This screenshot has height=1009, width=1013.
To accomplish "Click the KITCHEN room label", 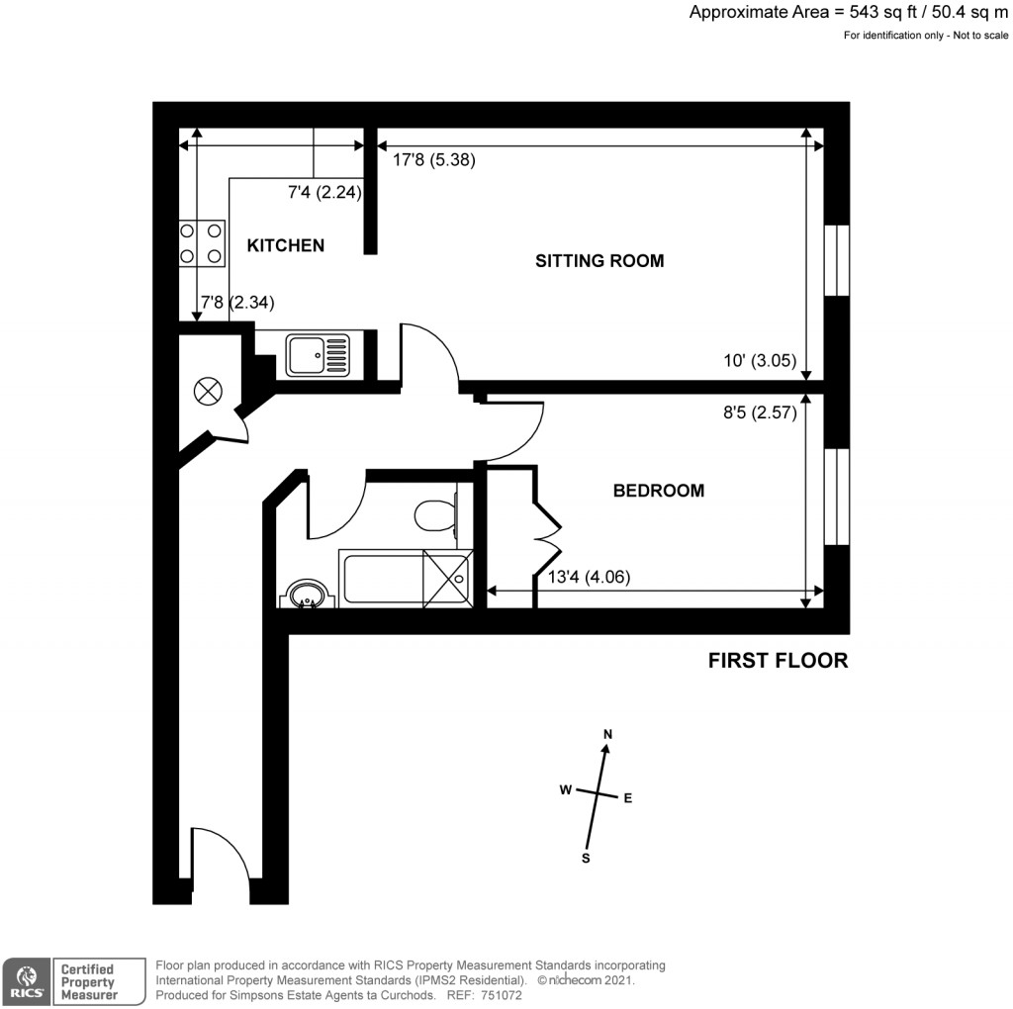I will tap(285, 245).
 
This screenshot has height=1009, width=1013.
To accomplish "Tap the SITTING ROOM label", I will tap(599, 261).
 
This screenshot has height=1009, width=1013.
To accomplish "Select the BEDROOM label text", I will tap(659, 491).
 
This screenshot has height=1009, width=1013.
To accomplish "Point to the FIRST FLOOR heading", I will tap(778, 661).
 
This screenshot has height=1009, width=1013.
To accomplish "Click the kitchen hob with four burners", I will tap(201, 243).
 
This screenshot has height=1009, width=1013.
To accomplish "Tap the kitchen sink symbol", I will tap(317, 355).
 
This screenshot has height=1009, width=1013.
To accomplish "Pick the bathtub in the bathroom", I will tap(404, 579).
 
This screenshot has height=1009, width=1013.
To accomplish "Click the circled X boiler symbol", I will tap(208, 391).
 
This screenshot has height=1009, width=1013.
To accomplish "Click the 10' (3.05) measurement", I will tap(761, 362).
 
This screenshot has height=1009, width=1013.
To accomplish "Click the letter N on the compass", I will tap(608, 734).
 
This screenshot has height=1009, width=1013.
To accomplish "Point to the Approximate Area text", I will tap(849, 13).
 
